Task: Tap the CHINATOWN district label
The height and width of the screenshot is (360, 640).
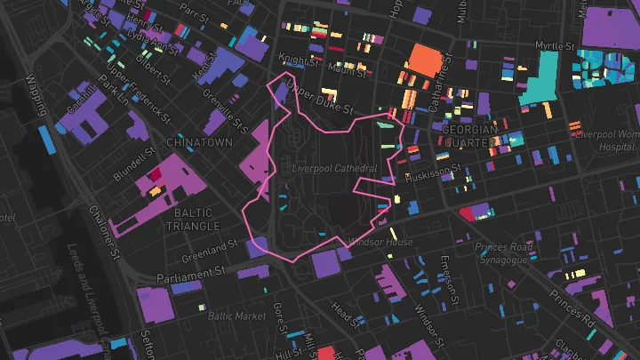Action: pyautogui.click(x=199, y=142)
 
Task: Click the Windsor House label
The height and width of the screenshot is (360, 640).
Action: pyautogui.click(x=380, y=243)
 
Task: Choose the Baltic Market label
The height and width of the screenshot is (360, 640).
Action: pyautogui.click(x=236, y=316)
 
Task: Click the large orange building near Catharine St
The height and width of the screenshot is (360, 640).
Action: pyautogui.click(x=424, y=63)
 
